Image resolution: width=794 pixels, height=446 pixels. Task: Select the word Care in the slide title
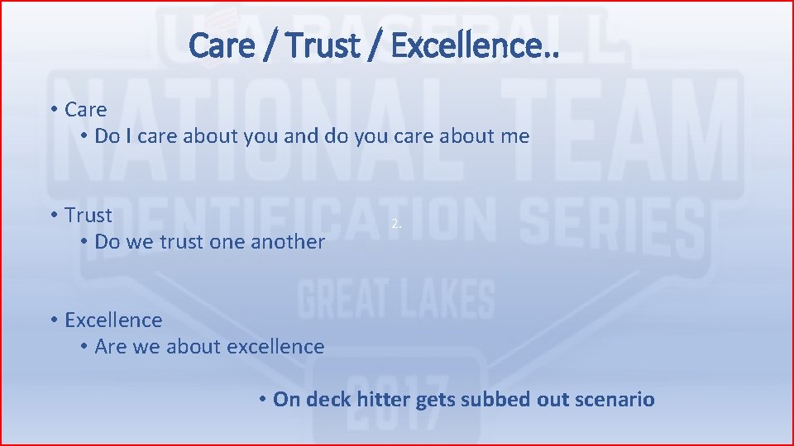point(221,45)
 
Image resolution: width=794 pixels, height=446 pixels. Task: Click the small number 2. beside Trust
point(397,224)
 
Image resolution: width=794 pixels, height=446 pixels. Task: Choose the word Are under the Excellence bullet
point(110,347)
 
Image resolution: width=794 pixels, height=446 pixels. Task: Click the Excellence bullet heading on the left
point(113,320)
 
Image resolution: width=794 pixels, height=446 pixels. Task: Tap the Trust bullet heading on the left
point(88,215)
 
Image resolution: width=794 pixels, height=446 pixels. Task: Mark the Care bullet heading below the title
point(86,109)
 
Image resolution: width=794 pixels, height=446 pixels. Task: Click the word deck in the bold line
point(330,400)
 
